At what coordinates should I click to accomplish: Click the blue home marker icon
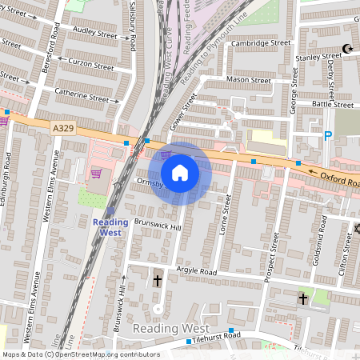tap(180, 172)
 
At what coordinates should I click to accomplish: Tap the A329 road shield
tap(63, 127)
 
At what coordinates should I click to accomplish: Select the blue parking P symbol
tap(327, 137)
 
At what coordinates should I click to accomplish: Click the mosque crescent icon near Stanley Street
tap(347, 50)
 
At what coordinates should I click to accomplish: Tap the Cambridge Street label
tap(258, 42)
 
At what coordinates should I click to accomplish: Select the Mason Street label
tap(250, 80)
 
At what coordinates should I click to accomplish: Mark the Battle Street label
tap(331, 104)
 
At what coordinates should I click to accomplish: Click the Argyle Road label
tap(196, 272)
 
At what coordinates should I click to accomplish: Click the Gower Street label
tap(184, 111)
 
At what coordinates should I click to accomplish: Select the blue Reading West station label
tap(110, 227)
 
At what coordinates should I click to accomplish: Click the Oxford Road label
tap(339, 179)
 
